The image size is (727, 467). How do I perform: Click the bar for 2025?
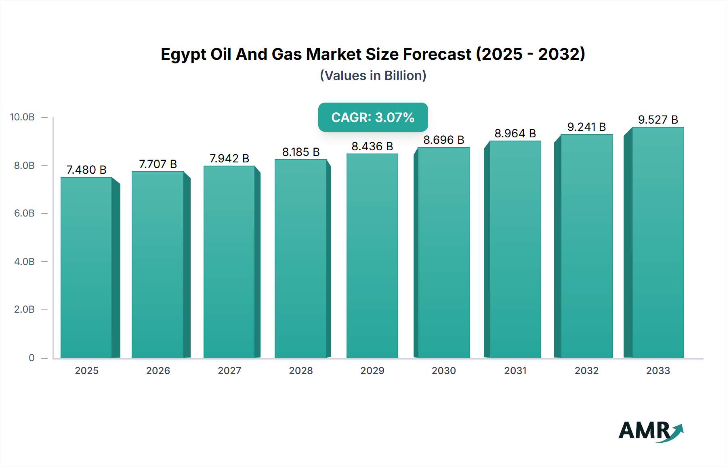86,267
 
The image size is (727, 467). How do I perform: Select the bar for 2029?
372,256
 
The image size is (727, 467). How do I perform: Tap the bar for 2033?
658,242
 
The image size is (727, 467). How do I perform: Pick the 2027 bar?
229,262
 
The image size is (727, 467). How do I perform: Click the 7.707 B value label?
158,164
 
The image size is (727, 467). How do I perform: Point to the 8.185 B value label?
301,152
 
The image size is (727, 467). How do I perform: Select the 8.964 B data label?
515,133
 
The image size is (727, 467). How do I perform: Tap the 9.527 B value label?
658,120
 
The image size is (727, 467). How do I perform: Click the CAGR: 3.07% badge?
373,117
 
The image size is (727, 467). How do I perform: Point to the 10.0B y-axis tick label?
23,117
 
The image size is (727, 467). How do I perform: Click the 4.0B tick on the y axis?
24,261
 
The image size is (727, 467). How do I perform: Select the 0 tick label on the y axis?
32,358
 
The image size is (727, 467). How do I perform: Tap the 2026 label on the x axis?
158,370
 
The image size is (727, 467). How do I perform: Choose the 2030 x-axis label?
443,370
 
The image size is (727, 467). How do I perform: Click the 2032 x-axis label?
586,370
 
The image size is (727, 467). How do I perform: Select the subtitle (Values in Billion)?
373,76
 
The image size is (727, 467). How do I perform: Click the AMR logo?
651,431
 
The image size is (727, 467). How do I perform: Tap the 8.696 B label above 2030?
443,140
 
